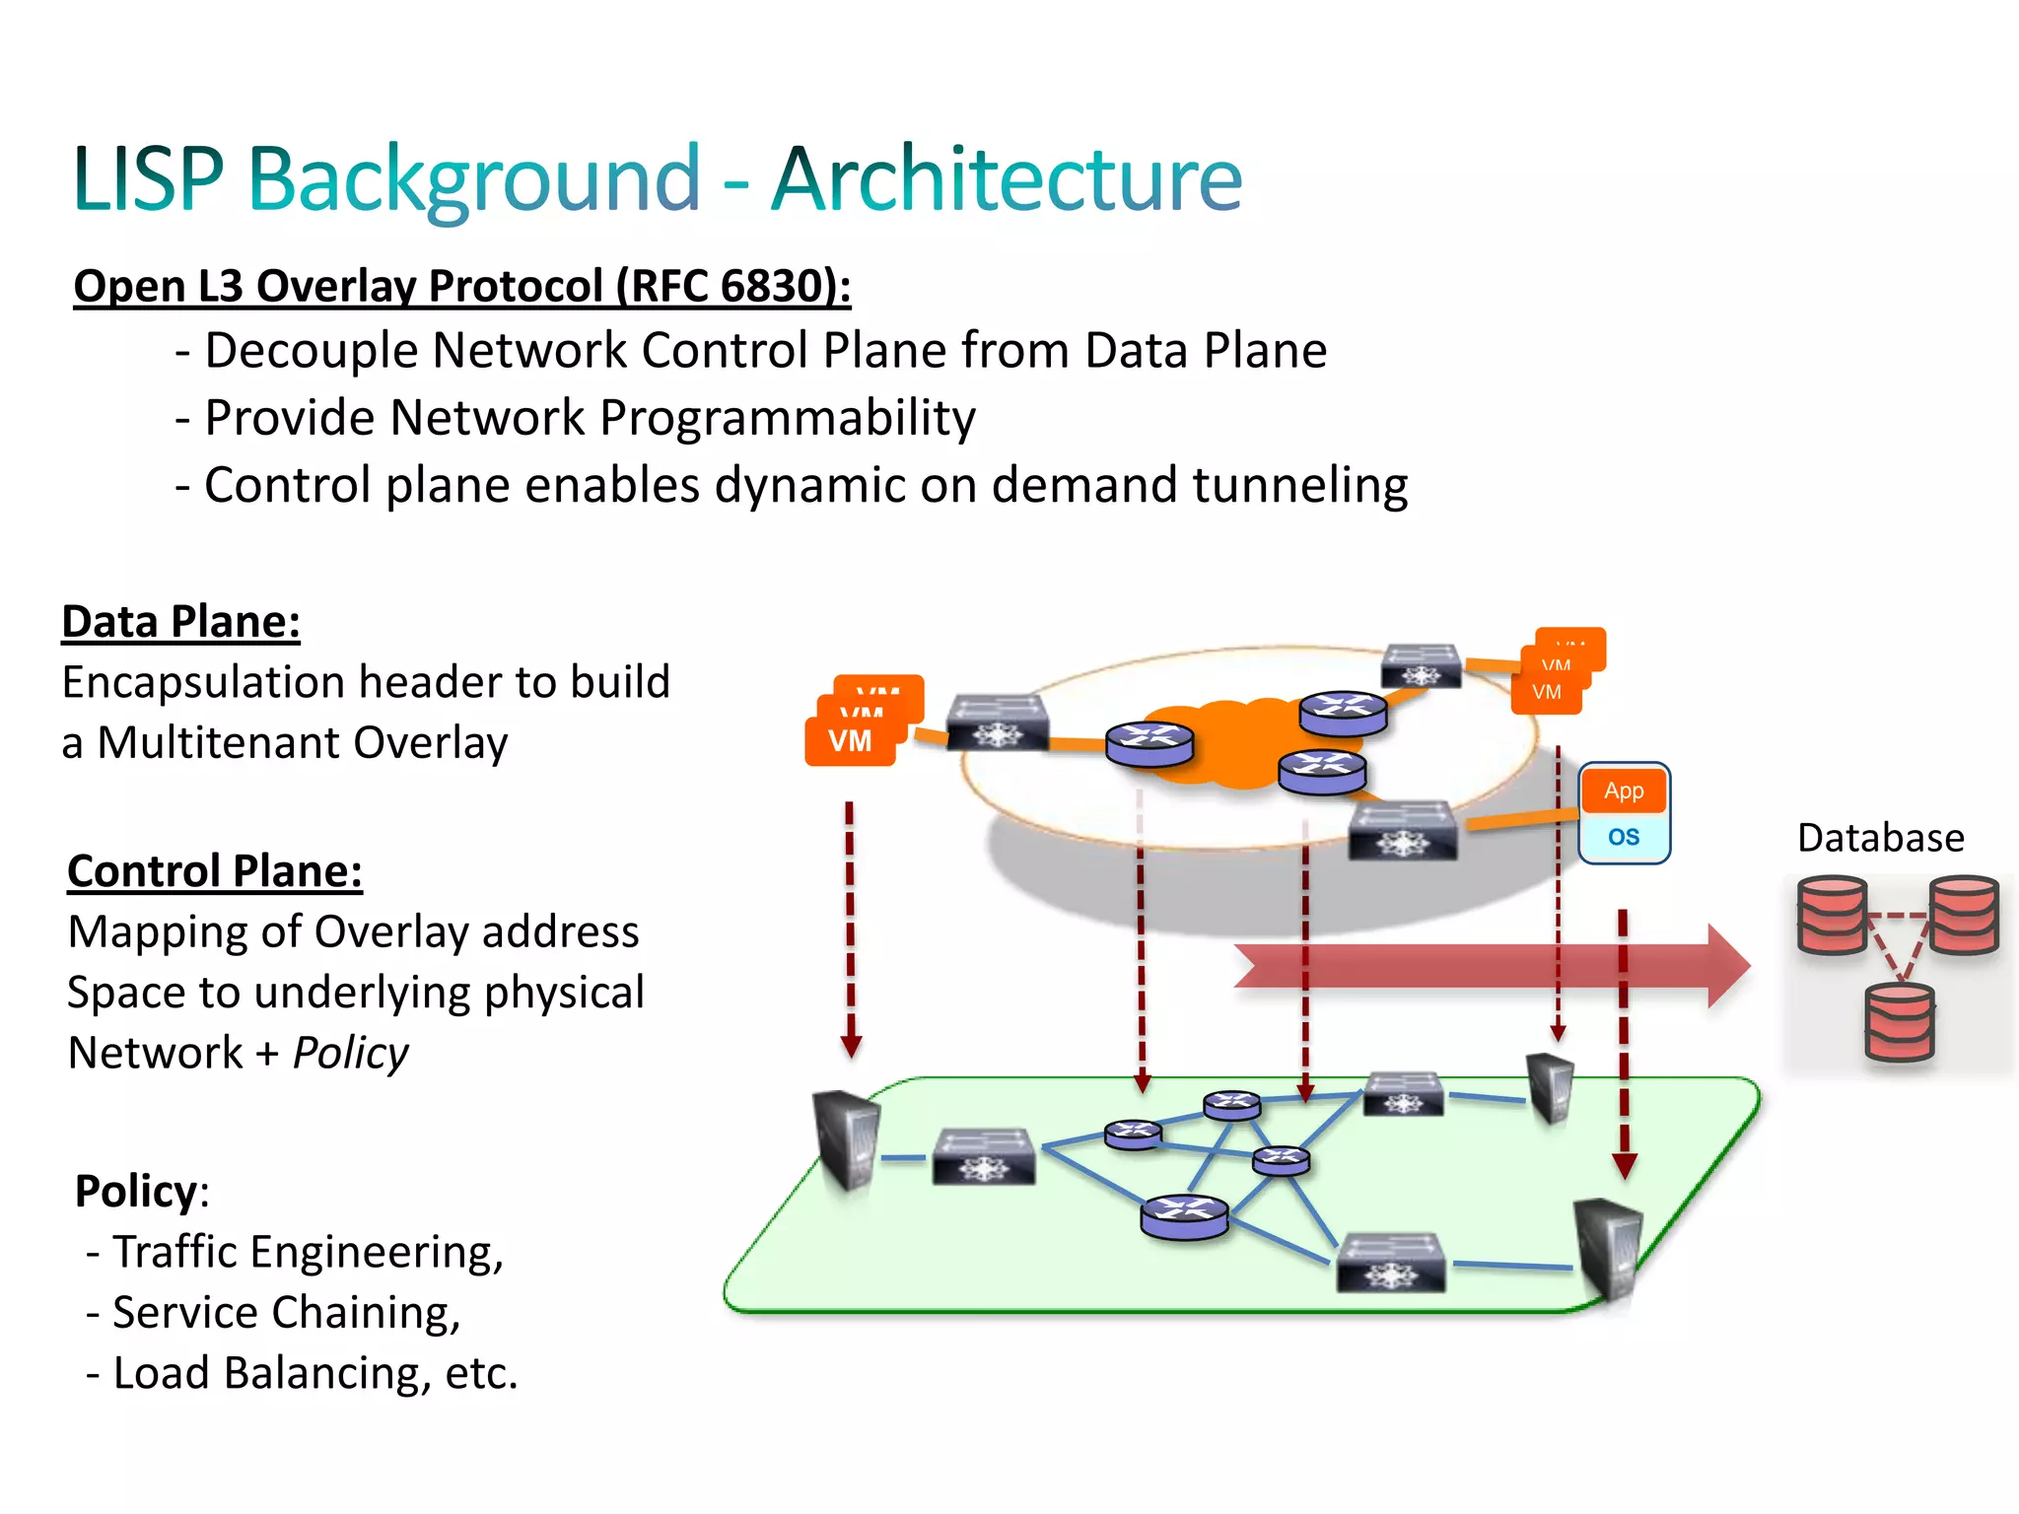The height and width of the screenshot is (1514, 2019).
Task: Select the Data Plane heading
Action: point(180,622)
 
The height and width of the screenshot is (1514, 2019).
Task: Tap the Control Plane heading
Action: point(215,871)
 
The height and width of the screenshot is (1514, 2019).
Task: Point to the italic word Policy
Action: point(351,1054)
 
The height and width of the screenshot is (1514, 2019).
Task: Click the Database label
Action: point(1880,838)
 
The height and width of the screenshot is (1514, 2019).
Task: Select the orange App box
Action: point(1624,791)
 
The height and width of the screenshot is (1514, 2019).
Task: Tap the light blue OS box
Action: point(1624,837)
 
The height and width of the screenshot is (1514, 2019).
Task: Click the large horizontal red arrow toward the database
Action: point(1479,966)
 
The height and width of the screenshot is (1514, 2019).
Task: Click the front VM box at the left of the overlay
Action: point(850,741)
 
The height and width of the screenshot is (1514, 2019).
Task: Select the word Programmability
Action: point(788,418)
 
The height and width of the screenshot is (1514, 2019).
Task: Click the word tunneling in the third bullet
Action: point(1299,485)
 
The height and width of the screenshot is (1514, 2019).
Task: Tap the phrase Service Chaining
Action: point(286,1313)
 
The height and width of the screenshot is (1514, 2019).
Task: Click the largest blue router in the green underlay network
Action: point(1184,1216)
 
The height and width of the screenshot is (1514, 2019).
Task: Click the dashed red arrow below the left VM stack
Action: point(850,927)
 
